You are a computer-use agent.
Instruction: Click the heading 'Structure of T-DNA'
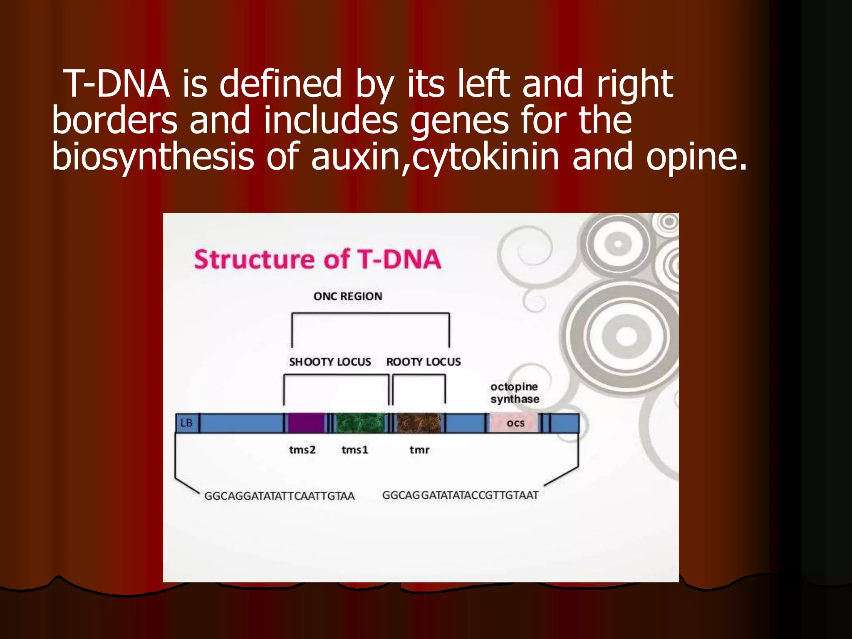pyautogui.click(x=317, y=260)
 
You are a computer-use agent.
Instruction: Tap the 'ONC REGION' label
pyautogui.click(x=348, y=296)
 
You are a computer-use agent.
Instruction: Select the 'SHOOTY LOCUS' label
pyautogui.click(x=330, y=362)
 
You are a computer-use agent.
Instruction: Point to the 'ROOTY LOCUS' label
pyautogui.click(x=424, y=362)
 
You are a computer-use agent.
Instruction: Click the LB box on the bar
pyautogui.click(x=186, y=423)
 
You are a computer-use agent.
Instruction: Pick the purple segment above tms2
pyautogui.click(x=306, y=423)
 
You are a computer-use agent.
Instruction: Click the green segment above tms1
pyautogui.click(x=360, y=423)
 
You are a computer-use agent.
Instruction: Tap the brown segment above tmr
pyautogui.click(x=419, y=423)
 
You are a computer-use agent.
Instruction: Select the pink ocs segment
pyautogui.click(x=515, y=423)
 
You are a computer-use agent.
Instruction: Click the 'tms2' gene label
pyautogui.click(x=302, y=450)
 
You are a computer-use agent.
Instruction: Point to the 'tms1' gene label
pyautogui.click(x=355, y=450)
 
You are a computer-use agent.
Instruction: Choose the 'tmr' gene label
pyautogui.click(x=419, y=450)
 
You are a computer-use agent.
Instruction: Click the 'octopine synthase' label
pyautogui.click(x=515, y=393)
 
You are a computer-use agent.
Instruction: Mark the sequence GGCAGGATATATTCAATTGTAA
pyautogui.click(x=279, y=496)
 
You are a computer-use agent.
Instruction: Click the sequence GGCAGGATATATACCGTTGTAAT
pyautogui.click(x=460, y=495)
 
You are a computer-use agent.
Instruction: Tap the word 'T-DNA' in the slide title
pyautogui.click(x=118, y=84)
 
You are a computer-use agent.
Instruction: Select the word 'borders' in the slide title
pyautogui.click(x=115, y=120)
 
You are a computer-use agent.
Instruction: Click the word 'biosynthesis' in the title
pyautogui.click(x=153, y=157)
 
